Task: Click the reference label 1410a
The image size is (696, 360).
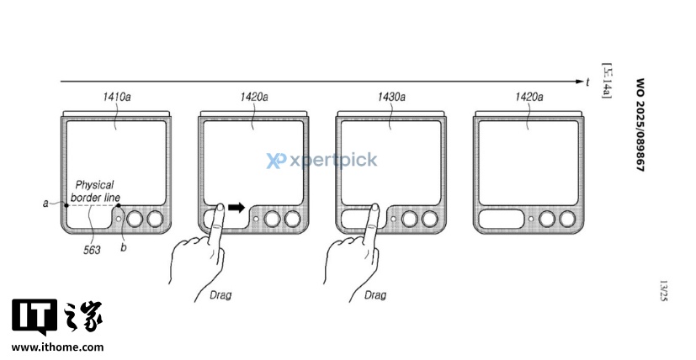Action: pos(117,97)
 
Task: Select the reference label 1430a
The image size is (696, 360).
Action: pos(391,97)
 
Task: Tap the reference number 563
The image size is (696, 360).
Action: pos(92,251)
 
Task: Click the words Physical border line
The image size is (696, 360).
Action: pos(95,191)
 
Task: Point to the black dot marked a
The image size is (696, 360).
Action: pos(66,205)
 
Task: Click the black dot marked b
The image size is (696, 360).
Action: pos(119,205)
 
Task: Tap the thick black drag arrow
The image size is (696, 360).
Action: pos(236,207)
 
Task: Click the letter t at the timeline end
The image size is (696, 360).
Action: pos(587,82)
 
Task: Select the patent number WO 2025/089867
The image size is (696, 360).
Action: pos(640,124)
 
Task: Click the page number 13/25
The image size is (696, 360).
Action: pos(663,291)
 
